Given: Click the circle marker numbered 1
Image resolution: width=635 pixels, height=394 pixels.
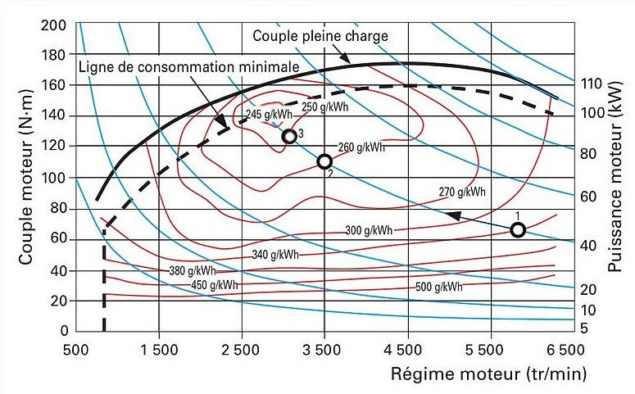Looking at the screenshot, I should [518, 229].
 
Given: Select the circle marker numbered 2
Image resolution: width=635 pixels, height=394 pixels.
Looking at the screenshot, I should [324, 161].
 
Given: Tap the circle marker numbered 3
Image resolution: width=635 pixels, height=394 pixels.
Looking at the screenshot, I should [288, 136].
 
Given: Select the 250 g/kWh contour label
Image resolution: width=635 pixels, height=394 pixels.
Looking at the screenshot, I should [324, 106].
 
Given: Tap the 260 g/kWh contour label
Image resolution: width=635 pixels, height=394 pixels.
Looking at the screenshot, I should [362, 147].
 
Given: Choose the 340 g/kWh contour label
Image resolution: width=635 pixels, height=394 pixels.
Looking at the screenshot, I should [274, 254].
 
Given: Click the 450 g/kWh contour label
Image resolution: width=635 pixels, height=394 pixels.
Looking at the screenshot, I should [215, 284].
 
